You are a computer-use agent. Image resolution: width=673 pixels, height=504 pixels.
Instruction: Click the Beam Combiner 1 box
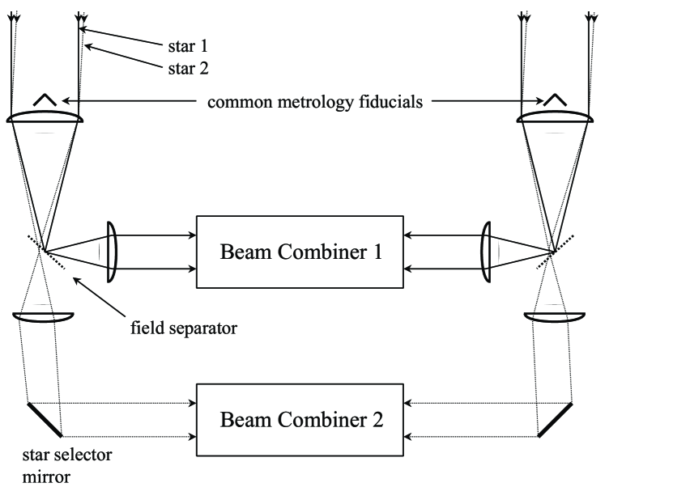pyautogui.click(x=300, y=251)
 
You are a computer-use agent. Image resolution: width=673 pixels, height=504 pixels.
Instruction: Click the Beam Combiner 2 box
pyautogui.click(x=300, y=420)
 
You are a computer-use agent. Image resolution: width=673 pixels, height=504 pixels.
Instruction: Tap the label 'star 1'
pyautogui.click(x=186, y=46)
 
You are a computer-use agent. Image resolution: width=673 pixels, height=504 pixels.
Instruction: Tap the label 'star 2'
pyautogui.click(x=186, y=69)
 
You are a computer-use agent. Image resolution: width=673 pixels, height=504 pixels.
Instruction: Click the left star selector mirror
pyautogui.click(x=45, y=418)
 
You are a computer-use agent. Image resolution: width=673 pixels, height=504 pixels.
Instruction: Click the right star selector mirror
pyautogui.click(x=555, y=419)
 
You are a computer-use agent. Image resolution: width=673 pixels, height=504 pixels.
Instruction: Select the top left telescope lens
pyautogui.click(x=45, y=118)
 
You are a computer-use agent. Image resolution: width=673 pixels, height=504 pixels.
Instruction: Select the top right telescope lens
pyautogui.click(x=556, y=118)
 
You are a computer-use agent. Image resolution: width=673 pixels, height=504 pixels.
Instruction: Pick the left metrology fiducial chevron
pyautogui.click(x=45, y=100)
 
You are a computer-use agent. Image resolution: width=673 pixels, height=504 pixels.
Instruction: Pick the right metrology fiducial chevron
pyautogui.click(x=556, y=100)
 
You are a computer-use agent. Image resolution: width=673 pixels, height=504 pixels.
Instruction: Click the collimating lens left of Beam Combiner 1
pyautogui.click(x=113, y=251)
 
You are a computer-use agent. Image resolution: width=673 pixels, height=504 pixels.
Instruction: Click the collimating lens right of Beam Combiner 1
pyautogui.click(x=485, y=252)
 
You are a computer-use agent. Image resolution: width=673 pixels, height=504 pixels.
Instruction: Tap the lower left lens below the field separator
pyautogui.click(x=45, y=316)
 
